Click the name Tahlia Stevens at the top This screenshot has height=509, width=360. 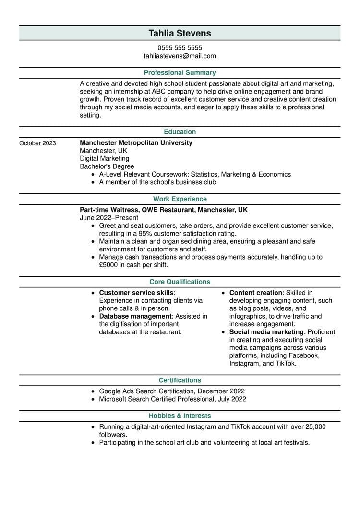click(x=180, y=33)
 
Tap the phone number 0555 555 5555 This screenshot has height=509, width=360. click(x=180, y=48)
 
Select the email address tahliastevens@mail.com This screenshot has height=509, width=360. click(x=180, y=56)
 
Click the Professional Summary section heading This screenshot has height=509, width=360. click(x=180, y=73)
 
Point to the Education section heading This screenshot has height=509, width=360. click(x=180, y=132)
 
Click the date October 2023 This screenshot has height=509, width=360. click(x=37, y=143)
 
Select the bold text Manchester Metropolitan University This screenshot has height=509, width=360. click(x=136, y=143)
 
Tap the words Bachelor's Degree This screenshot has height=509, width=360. click(x=107, y=166)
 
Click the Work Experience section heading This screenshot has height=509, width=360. click(x=180, y=199)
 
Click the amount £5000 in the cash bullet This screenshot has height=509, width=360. click(x=110, y=265)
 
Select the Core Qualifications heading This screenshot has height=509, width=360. click(x=180, y=282)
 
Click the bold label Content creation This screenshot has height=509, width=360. click(x=255, y=293)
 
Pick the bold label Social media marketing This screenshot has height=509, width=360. click(x=266, y=332)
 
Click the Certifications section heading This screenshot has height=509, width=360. click(x=180, y=380)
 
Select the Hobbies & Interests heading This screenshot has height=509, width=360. click(x=180, y=416)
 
